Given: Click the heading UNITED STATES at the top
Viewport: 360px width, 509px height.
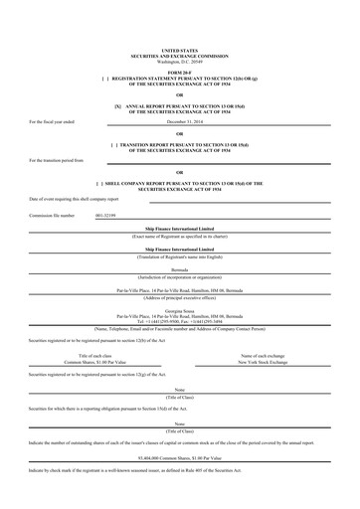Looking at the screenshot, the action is pos(179,49).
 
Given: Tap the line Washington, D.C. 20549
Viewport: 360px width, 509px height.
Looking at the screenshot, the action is pos(179,59).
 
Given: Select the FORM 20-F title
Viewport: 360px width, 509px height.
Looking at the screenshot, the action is pos(179,71).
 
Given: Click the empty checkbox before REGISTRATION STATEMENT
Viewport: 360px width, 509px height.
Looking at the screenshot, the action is pos(104,77).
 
